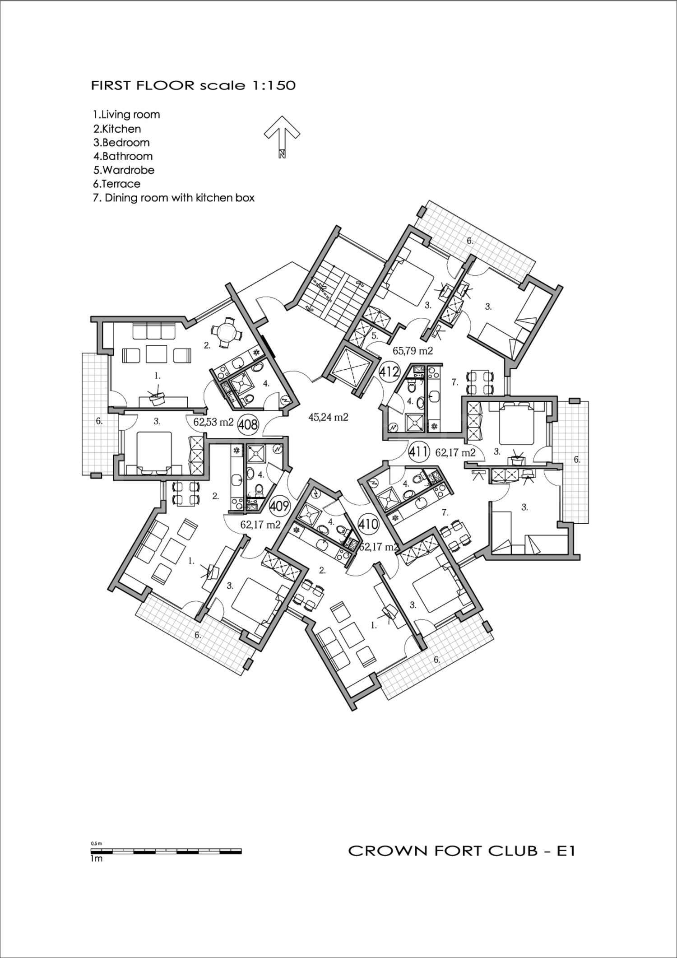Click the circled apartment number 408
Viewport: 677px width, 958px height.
[248, 424]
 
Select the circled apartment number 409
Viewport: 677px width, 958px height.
[279, 506]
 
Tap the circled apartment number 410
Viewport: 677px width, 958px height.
[368, 524]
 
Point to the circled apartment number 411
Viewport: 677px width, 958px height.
[418, 451]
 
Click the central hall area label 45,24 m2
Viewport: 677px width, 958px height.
[328, 417]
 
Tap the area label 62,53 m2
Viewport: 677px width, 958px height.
[213, 423]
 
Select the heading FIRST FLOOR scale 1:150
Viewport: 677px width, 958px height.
[193, 85]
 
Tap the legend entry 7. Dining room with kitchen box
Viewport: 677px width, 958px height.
[174, 198]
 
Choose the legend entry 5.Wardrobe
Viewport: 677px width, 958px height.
[124, 170]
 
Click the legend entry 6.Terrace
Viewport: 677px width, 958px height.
[116, 184]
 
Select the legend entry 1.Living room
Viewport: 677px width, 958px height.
[126, 115]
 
